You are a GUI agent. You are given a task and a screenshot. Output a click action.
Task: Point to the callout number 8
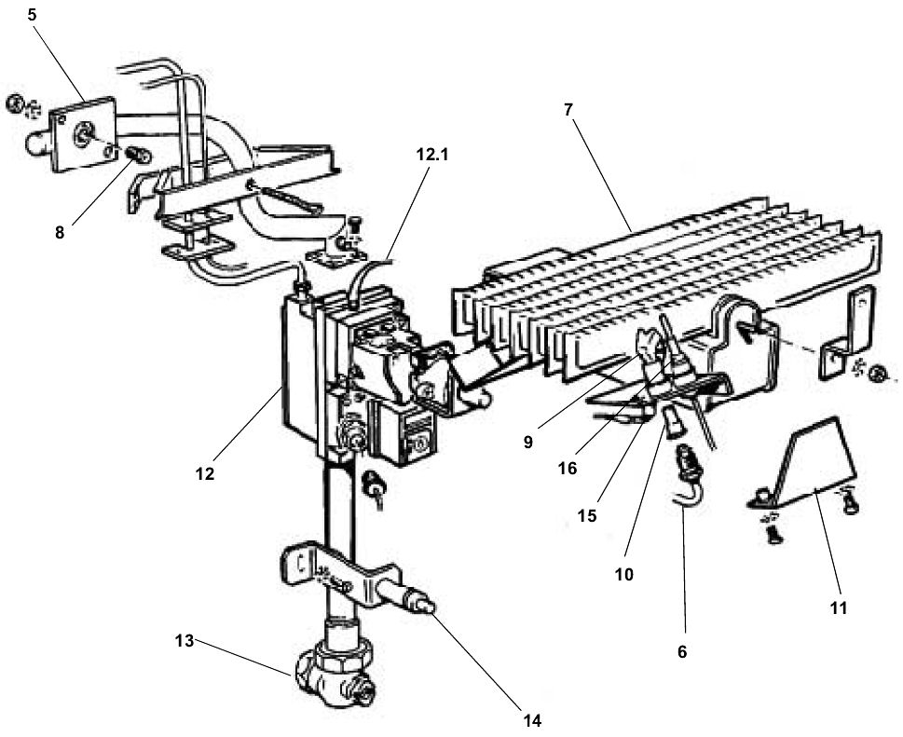point(60,233)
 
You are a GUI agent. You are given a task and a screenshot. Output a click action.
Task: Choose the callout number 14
point(532,719)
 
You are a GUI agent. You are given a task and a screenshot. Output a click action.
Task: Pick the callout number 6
point(681,652)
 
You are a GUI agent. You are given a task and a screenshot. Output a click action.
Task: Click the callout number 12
point(205,473)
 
